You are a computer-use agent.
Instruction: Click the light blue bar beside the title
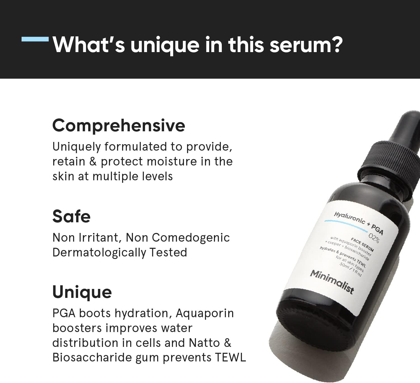pos(35,39)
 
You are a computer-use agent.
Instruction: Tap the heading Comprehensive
pos(118,125)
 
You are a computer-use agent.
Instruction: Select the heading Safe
pos(71,216)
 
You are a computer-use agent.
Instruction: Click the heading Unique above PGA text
pos(82,292)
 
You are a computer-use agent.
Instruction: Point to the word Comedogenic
pos(191,238)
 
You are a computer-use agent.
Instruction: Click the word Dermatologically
pos(99,253)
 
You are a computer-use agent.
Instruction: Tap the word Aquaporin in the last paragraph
pos(205,313)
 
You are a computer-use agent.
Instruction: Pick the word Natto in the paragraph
pos(204,343)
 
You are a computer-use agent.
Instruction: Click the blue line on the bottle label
pos(346,224)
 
